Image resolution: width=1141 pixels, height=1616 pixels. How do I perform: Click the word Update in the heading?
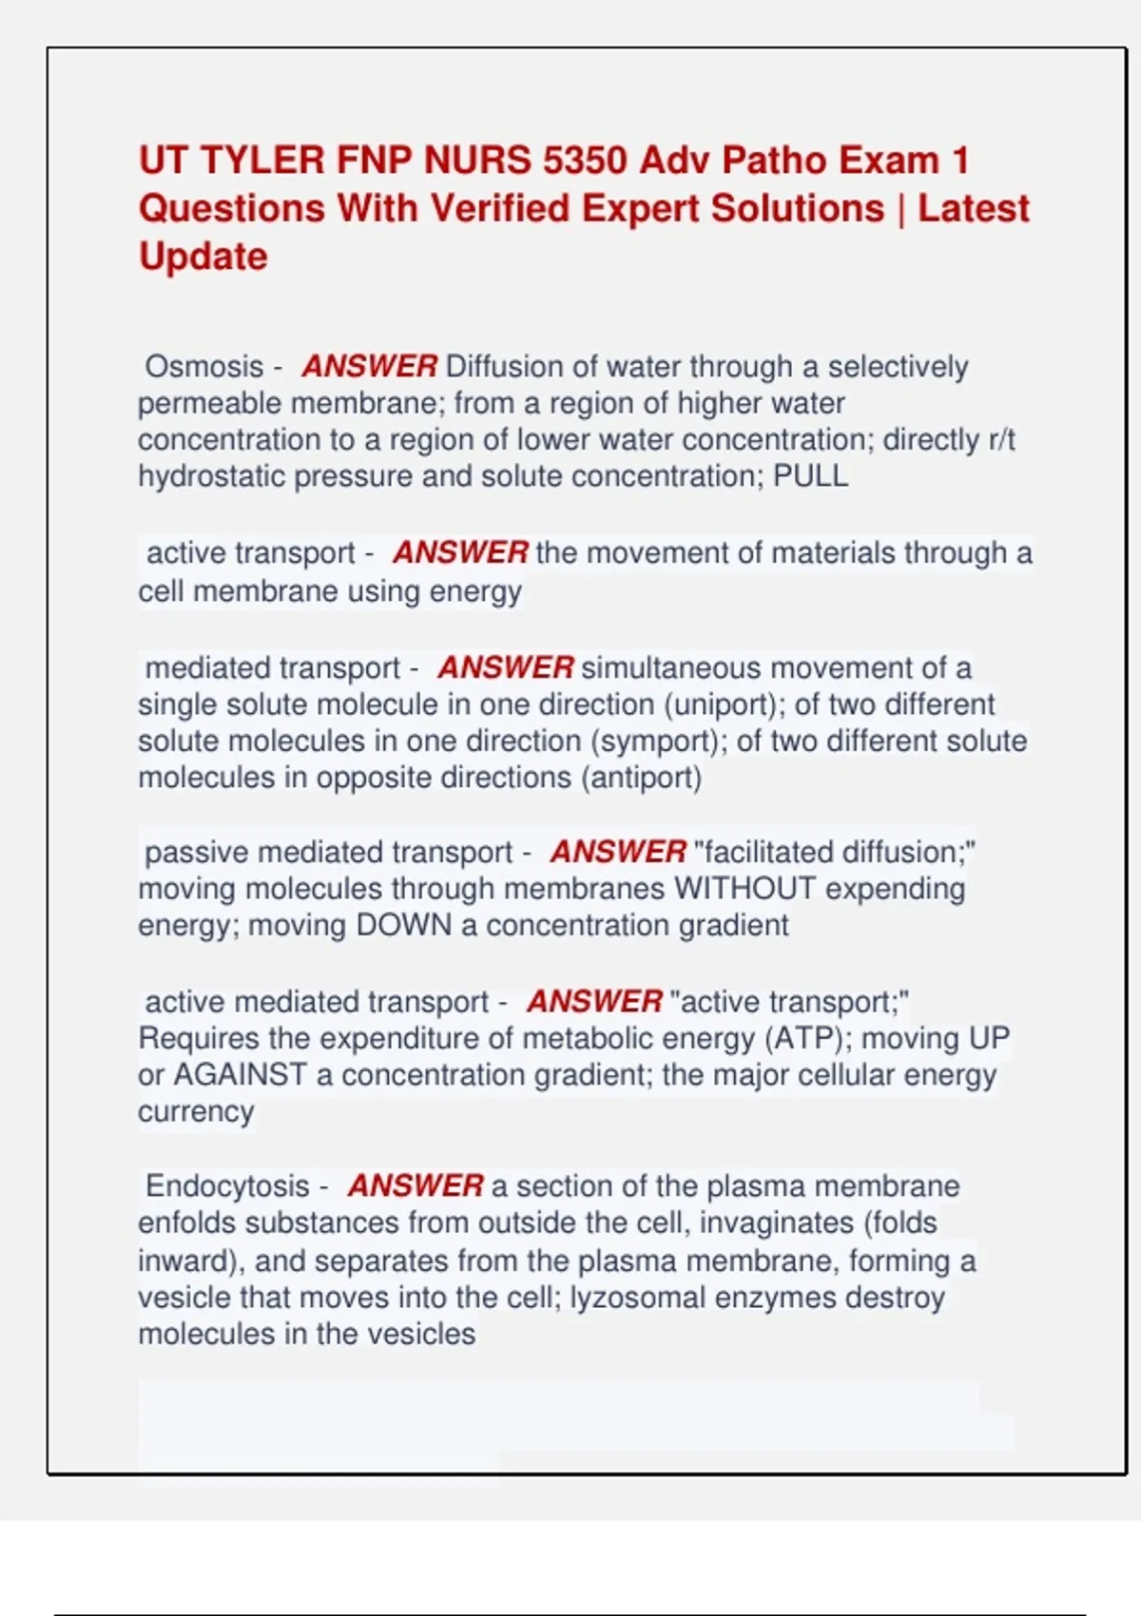203,257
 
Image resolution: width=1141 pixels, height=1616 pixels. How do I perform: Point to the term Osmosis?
203,366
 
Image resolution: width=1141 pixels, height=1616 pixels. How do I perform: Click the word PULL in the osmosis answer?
810,475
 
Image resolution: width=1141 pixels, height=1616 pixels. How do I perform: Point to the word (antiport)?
641,778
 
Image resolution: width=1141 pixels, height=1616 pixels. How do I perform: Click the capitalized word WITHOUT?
745,888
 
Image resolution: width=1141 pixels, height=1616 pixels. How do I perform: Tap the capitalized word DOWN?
403,925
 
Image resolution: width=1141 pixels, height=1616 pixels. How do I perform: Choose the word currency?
196,1111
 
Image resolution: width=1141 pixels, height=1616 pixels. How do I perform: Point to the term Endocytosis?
227,1186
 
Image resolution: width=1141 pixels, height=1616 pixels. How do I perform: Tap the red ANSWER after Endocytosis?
416,1186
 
